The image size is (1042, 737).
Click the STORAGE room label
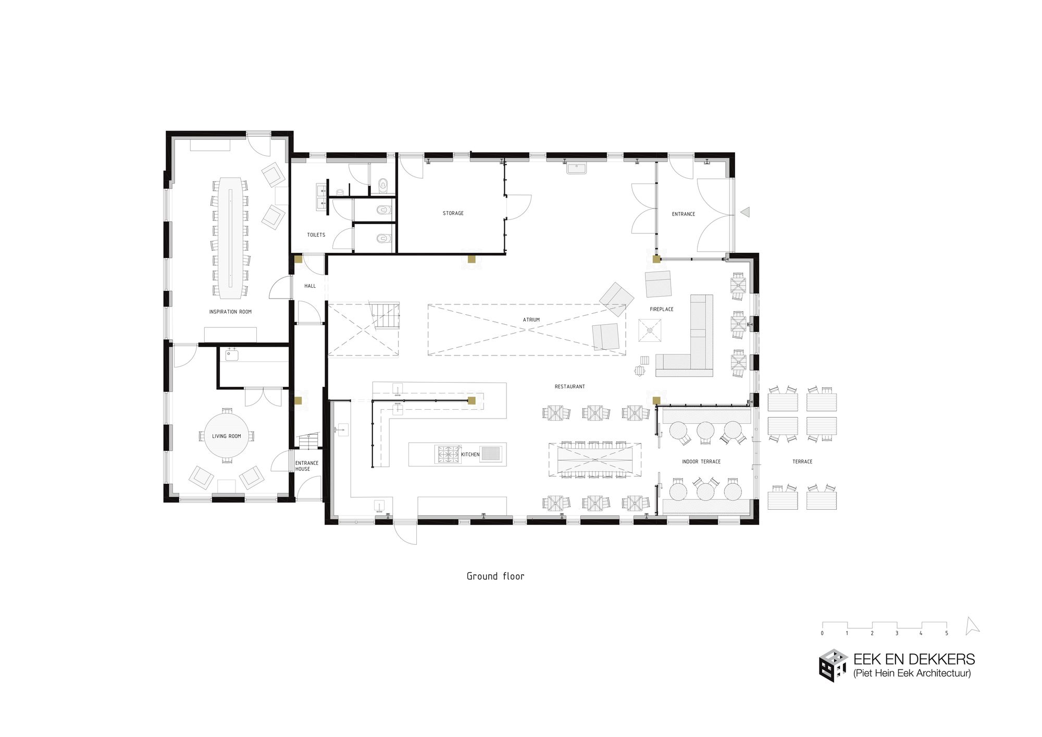click(x=453, y=213)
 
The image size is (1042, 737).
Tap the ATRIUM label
click(x=531, y=320)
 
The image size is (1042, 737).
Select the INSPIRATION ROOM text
click(x=230, y=312)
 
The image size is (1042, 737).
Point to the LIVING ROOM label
click(x=227, y=436)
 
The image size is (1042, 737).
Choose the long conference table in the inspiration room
click(x=230, y=238)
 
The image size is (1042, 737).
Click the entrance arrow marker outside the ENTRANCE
click(x=745, y=212)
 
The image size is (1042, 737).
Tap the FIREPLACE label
click(x=662, y=309)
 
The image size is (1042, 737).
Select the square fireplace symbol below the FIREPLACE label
click(x=650, y=330)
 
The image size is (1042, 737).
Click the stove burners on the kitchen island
click(x=448, y=454)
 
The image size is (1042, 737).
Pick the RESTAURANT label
click(x=569, y=387)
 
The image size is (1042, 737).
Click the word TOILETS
click(x=316, y=235)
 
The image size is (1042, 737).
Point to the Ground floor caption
click(x=495, y=576)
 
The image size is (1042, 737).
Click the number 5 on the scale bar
click(x=947, y=633)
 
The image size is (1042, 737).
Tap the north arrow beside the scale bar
click(x=971, y=626)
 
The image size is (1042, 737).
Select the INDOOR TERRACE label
click(x=701, y=462)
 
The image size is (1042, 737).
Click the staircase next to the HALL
click(x=386, y=315)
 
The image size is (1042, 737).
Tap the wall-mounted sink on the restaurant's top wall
click(x=576, y=168)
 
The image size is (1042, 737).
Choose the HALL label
click(x=310, y=286)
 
